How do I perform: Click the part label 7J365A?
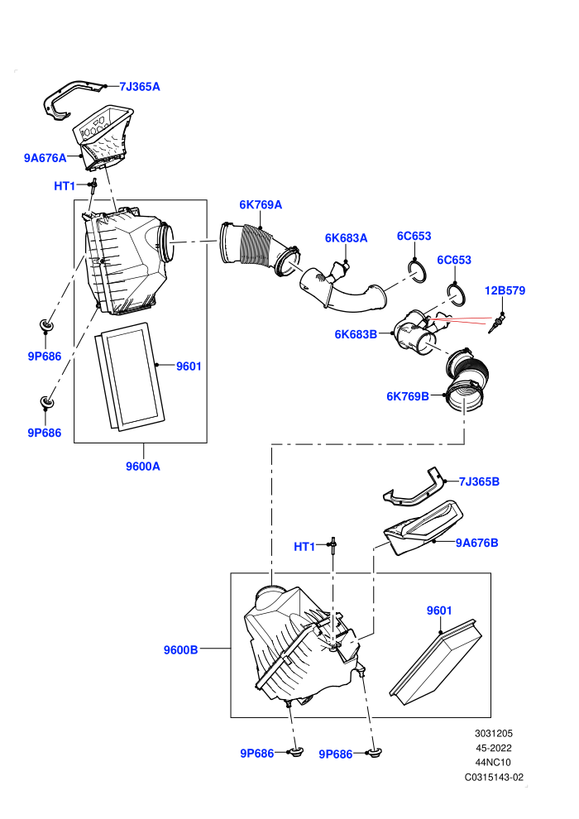click(140, 87)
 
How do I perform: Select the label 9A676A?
click(45, 158)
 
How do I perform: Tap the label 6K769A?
click(261, 205)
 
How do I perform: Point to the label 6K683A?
click(346, 238)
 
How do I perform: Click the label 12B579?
click(505, 290)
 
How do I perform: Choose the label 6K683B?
click(356, 334)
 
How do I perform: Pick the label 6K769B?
click(407, 396)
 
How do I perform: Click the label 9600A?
click(143, 467)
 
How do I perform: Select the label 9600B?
click(180, 650)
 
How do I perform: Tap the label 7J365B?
click(479, 481)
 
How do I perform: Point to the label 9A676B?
click(476, 544)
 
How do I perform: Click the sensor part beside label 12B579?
click(496, 323)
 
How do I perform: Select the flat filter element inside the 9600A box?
click(130, 376)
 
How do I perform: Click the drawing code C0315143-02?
click(494, 777)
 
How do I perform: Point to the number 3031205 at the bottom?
click(494, 733)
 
